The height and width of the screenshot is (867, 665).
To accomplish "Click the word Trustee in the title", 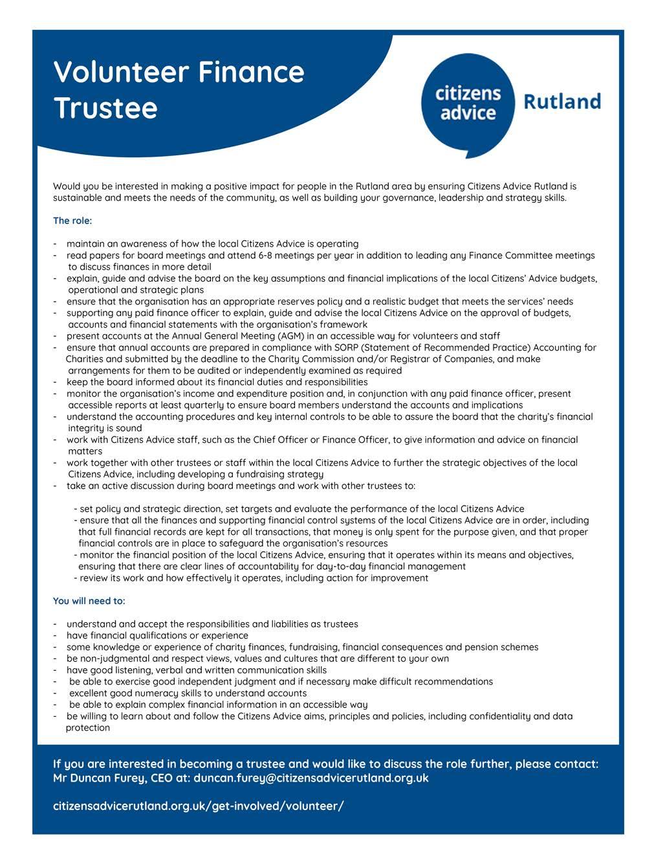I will pos(105,107).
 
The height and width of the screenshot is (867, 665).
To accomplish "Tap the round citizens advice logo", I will pos(468,105).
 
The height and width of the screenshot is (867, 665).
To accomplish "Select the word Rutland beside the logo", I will pos(561,102).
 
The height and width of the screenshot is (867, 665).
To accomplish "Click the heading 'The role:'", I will pos(72,221).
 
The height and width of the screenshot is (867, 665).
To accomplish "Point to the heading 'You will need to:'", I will pos(89,601).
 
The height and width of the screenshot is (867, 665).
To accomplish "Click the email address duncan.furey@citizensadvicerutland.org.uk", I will pos(311,778).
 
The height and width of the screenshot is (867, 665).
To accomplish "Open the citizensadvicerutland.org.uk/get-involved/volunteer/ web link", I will pos(198,806).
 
